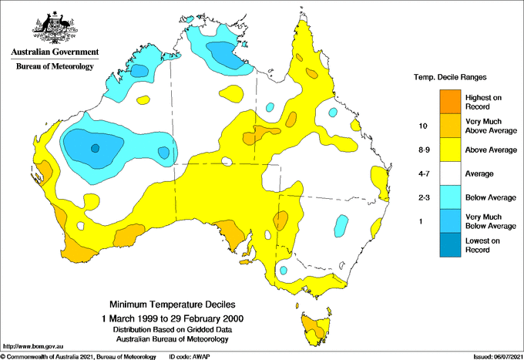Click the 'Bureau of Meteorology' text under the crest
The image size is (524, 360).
(x=55, y=67)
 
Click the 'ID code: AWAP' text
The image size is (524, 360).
(x=190, y=356)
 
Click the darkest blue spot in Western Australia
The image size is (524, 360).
(x=95, y=148)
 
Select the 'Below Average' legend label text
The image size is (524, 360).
(x=490, y=198)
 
